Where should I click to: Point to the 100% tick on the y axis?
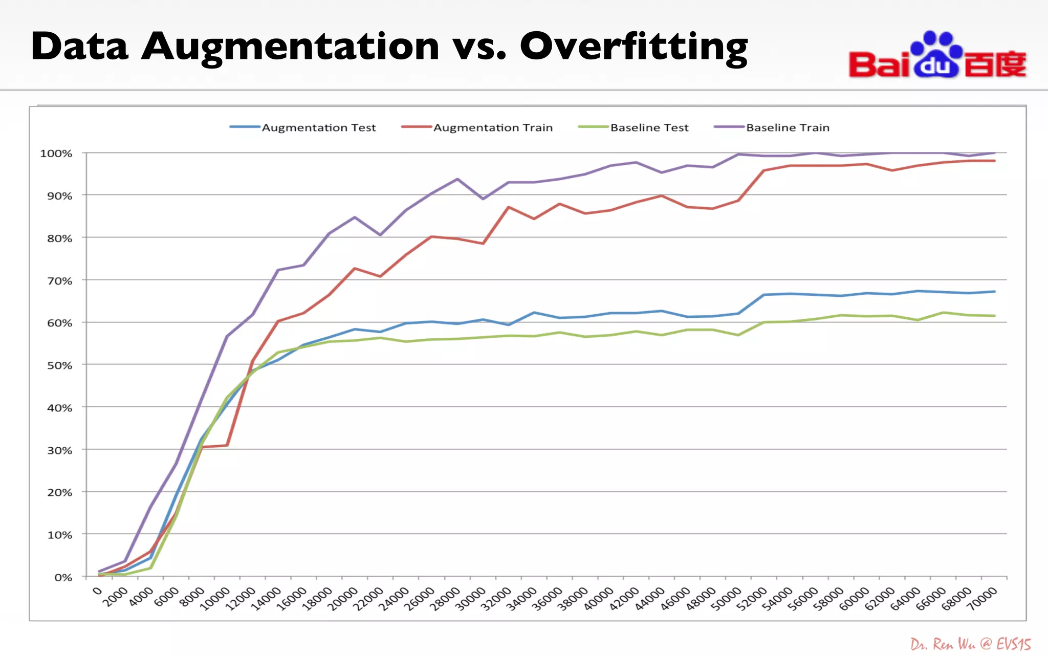click(56, 154)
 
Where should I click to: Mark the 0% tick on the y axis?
click(63, 577)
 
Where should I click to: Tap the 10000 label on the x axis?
click(215, 599)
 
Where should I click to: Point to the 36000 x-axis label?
click(548, 599)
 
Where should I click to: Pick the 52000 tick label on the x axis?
click(752, 599)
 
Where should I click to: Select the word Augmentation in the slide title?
click(290, 47)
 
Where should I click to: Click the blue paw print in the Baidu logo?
click(936, 55)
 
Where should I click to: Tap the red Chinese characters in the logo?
click(995, 64)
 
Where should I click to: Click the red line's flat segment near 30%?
click(215, 446)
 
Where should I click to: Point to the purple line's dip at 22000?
click(380, 235)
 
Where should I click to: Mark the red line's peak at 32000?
click(508, 207)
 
